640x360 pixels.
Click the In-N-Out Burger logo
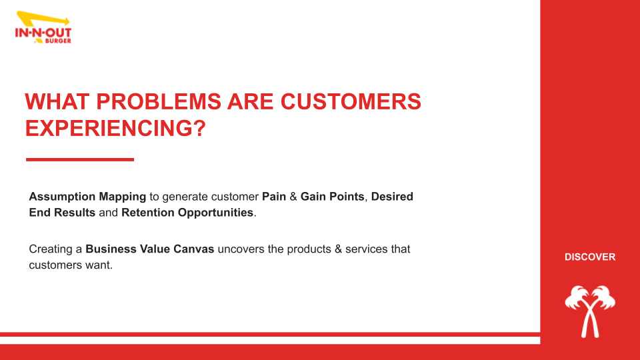tap(43, 27)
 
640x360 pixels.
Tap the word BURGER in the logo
tap(58, 41)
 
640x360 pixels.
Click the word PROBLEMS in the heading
tap(159, 101)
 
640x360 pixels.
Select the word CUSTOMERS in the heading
tap(351, 101)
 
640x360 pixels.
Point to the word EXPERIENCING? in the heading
tap(115, 128)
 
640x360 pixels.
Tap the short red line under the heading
tap(80, 159)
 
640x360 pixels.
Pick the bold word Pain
tap(274, 196)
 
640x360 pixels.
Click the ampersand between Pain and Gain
tap(293, 196)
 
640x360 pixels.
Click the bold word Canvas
tap(194, 249)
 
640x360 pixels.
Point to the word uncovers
tap(241, 249)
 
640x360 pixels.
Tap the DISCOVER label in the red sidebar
tap(590, 257)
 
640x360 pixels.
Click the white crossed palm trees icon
tap(590, 311)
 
